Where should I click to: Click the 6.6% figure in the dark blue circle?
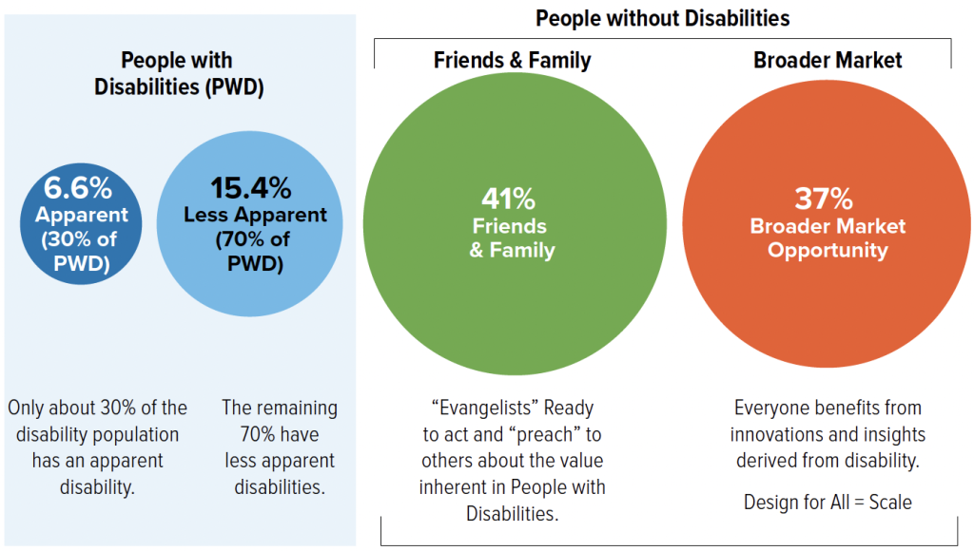(78, 187)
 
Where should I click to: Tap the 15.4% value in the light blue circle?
(250, 188)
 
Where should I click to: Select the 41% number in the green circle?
(508, 199)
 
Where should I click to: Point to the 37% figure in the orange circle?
(824, 199)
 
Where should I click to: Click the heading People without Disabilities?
(663, 19)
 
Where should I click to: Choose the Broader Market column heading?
(828, 60)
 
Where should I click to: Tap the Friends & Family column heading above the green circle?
(512, 60)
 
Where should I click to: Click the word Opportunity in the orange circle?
(828, 251)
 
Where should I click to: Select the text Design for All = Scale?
(828, 502)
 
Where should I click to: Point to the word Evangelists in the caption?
(486, 408)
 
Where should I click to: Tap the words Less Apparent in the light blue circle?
(255, 215)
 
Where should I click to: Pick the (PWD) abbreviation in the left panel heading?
(234, 86)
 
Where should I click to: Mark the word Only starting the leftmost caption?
(26, 408)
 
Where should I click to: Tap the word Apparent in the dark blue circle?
(82, 215)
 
